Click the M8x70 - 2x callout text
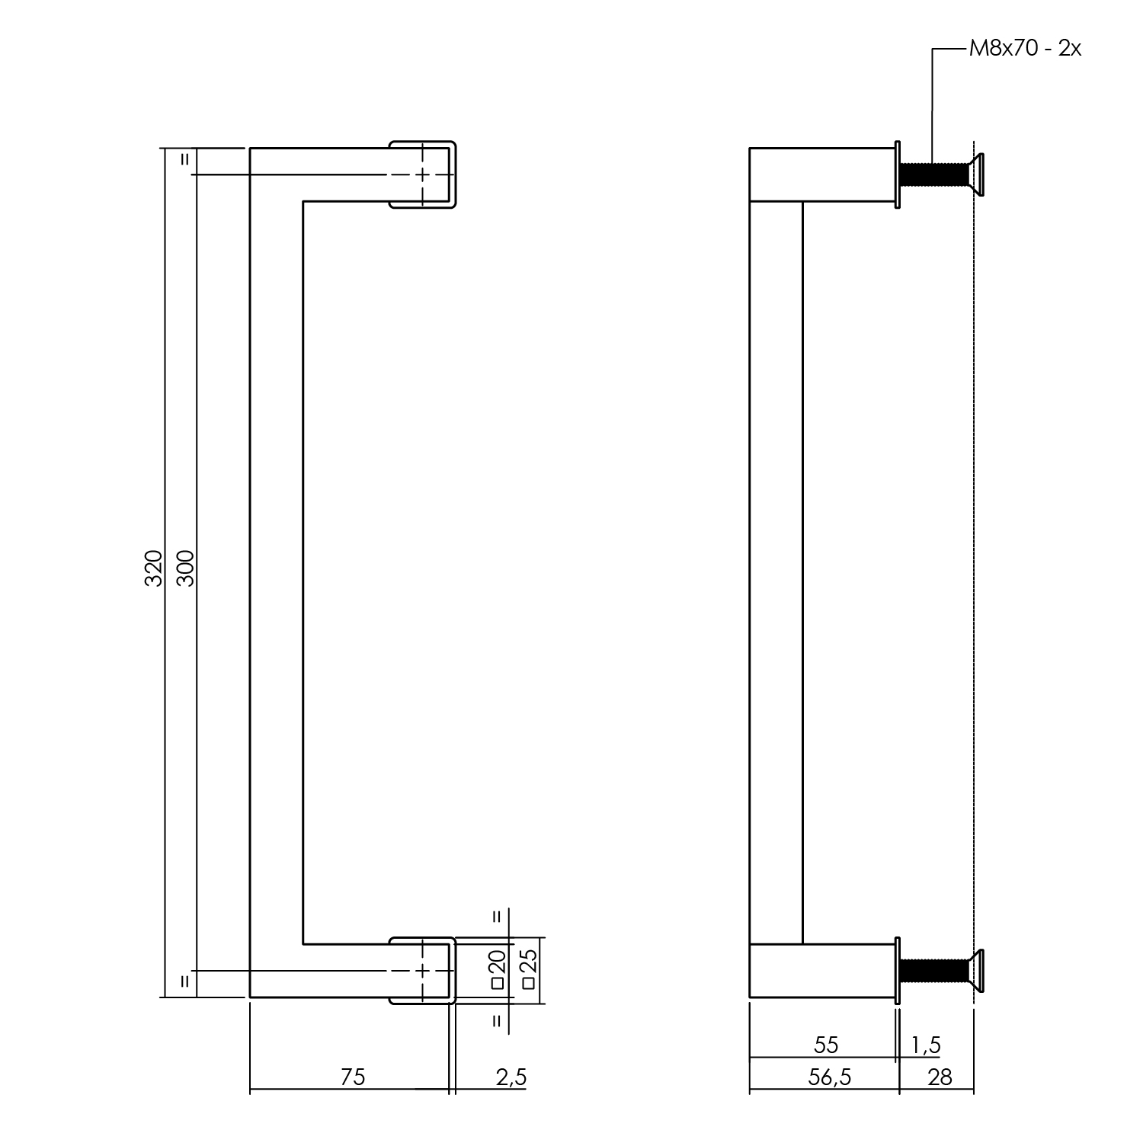[x=1025, y=50]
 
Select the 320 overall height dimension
[x=154, y=568]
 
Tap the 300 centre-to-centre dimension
[x=185, y=568]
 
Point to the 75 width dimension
[x=353, y=1077]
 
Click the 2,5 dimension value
[x=511, y=1077]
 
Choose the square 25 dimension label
[x=529, y=969]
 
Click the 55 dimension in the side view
[x=825, y=1044]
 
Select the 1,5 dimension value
[x=927, y=1045]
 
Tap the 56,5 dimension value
[x=827, y=1077]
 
